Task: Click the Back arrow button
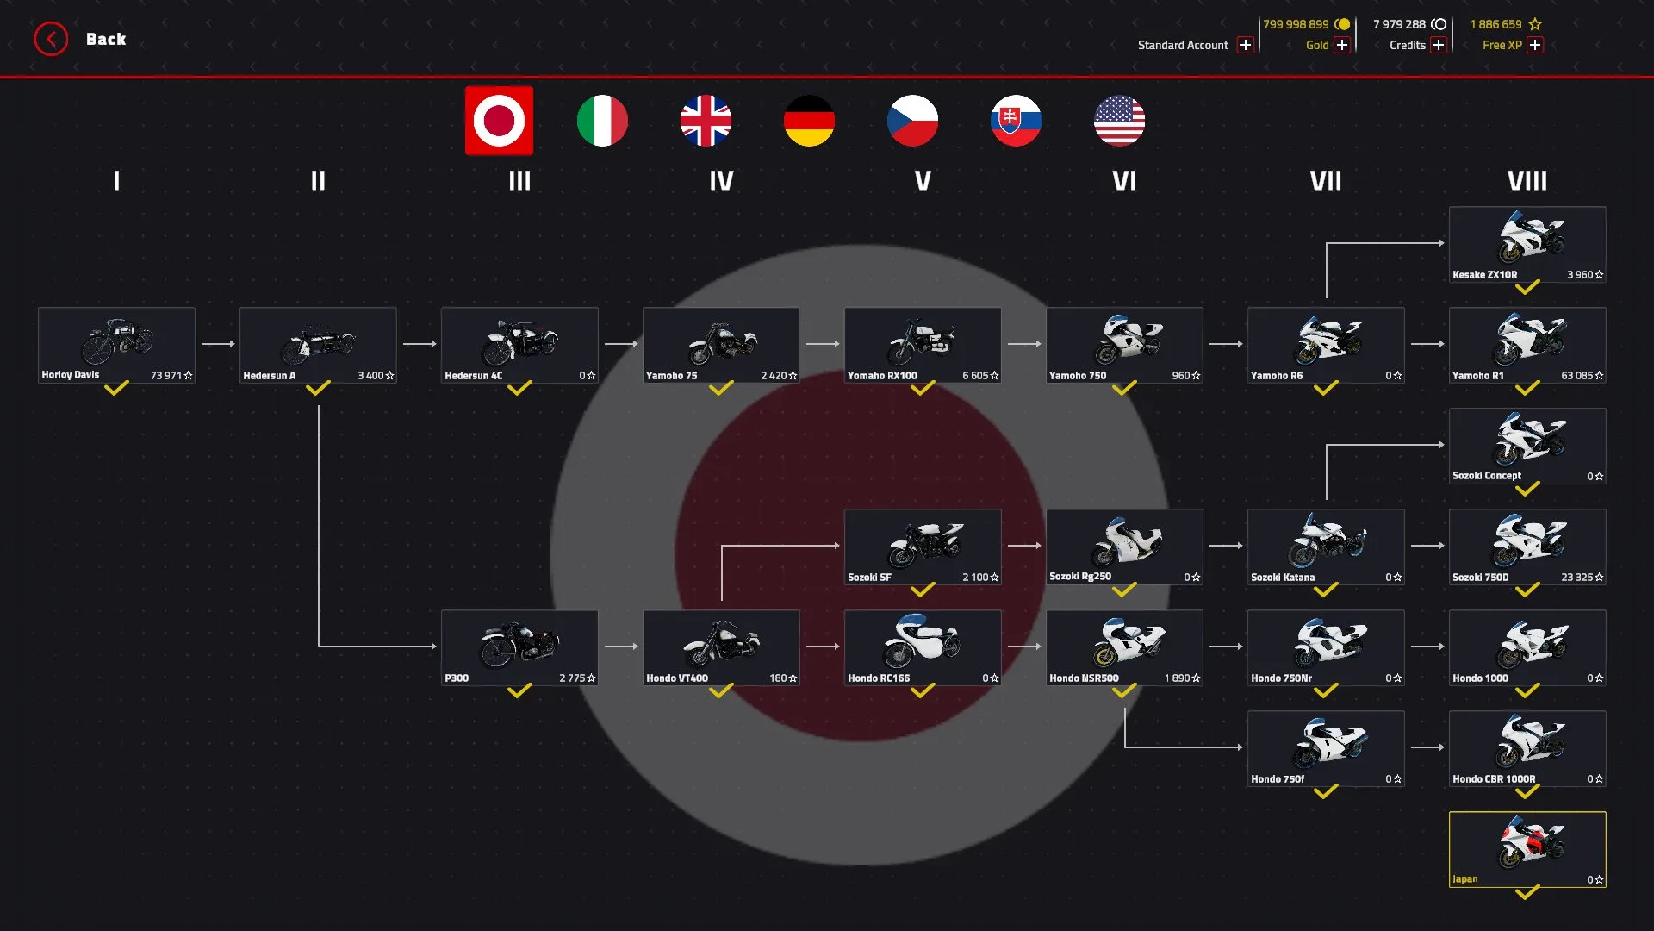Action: pyautogui.click(x=51, y=39)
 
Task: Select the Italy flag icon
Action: pyautogui.click(x=602, y=121)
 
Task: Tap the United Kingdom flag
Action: pyautogui.click(x=706, y=121)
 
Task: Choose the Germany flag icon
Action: pyautogui.click(x=809, y=121)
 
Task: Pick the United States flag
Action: pyautogui.click(x=1119, y=121)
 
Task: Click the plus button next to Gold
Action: pyautogui.click(x=1341, y=45)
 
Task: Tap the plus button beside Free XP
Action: pyautogui.click(x=1535, y=45)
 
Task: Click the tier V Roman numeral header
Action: pyautogui.click(x=923, y=181)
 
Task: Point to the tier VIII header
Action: pyautogui.click(x=1527, y=181)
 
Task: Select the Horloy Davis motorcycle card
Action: pyautogui.click(x=116, y=345)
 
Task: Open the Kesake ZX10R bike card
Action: pyautogui.click(x=1527, y=244)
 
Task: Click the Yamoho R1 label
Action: pyautogui.click(x=1477, y=376)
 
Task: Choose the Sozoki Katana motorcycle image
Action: pyautogui.click(x=1326, y=540)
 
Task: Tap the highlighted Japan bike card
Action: pyautogui.click(x=1527, y=849)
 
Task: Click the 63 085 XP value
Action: pyautogui.click(x=1577, y=376)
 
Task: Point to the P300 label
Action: pyautogui.click(x=457, y=678)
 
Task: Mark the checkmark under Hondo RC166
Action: pyautogui.click(x=923, y=691)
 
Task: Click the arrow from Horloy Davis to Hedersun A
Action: pyautogui.click(x=217, y=344)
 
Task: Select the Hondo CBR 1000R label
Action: pyautogui.click(x=1494, y=779)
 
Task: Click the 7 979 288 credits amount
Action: pyautogui.click(x=1399, y=24)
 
